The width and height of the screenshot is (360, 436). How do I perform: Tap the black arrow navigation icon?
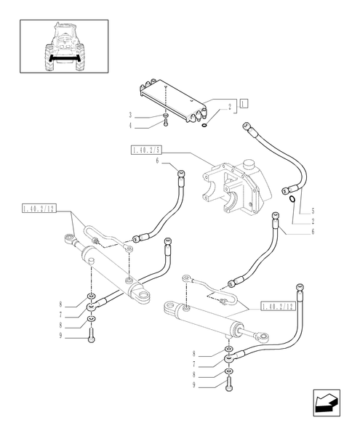point(324,405)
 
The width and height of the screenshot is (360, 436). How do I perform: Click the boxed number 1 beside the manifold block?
point(244,102)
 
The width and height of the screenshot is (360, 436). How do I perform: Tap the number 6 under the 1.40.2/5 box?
point(156,161)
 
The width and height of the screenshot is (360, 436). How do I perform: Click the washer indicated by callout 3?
point(167,115)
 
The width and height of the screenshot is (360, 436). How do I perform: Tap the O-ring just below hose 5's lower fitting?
point(292,198)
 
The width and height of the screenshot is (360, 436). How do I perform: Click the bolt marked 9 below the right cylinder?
point(229,386)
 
